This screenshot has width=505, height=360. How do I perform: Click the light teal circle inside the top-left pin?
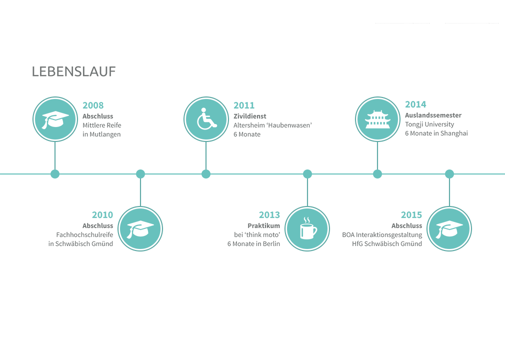[55, 119]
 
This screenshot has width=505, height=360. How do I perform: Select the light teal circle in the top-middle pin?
[205, 119]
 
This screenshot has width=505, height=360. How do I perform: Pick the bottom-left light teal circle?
[140, 228]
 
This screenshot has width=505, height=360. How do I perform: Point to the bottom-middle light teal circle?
[307, 228]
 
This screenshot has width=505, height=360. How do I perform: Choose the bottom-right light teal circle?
[449, 228]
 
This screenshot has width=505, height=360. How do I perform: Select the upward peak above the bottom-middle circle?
[307, 183]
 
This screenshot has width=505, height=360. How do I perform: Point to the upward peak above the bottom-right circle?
[449, 183]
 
